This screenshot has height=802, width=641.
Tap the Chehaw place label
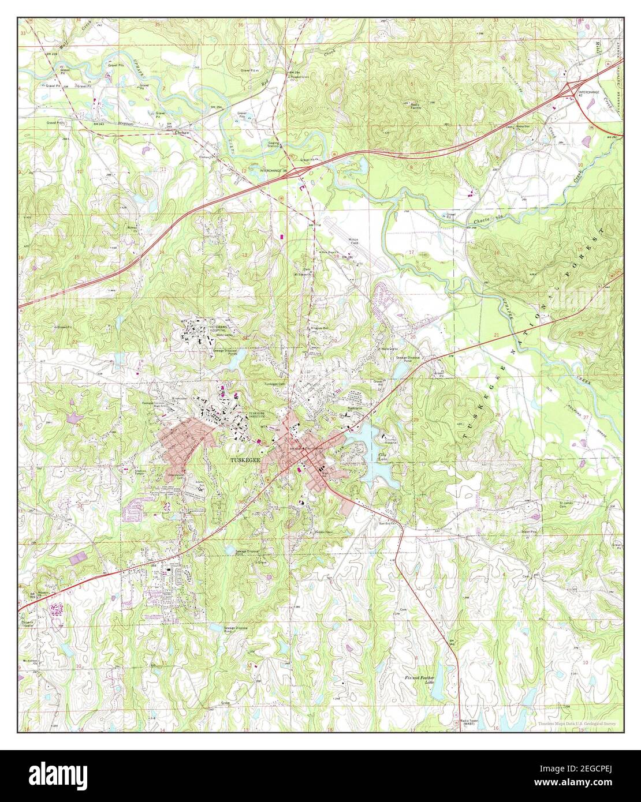point(182,132)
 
